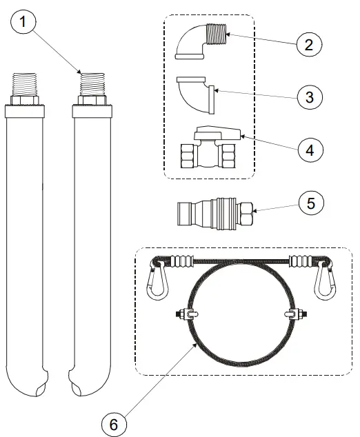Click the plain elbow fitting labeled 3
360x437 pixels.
click(x=198, y=93)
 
